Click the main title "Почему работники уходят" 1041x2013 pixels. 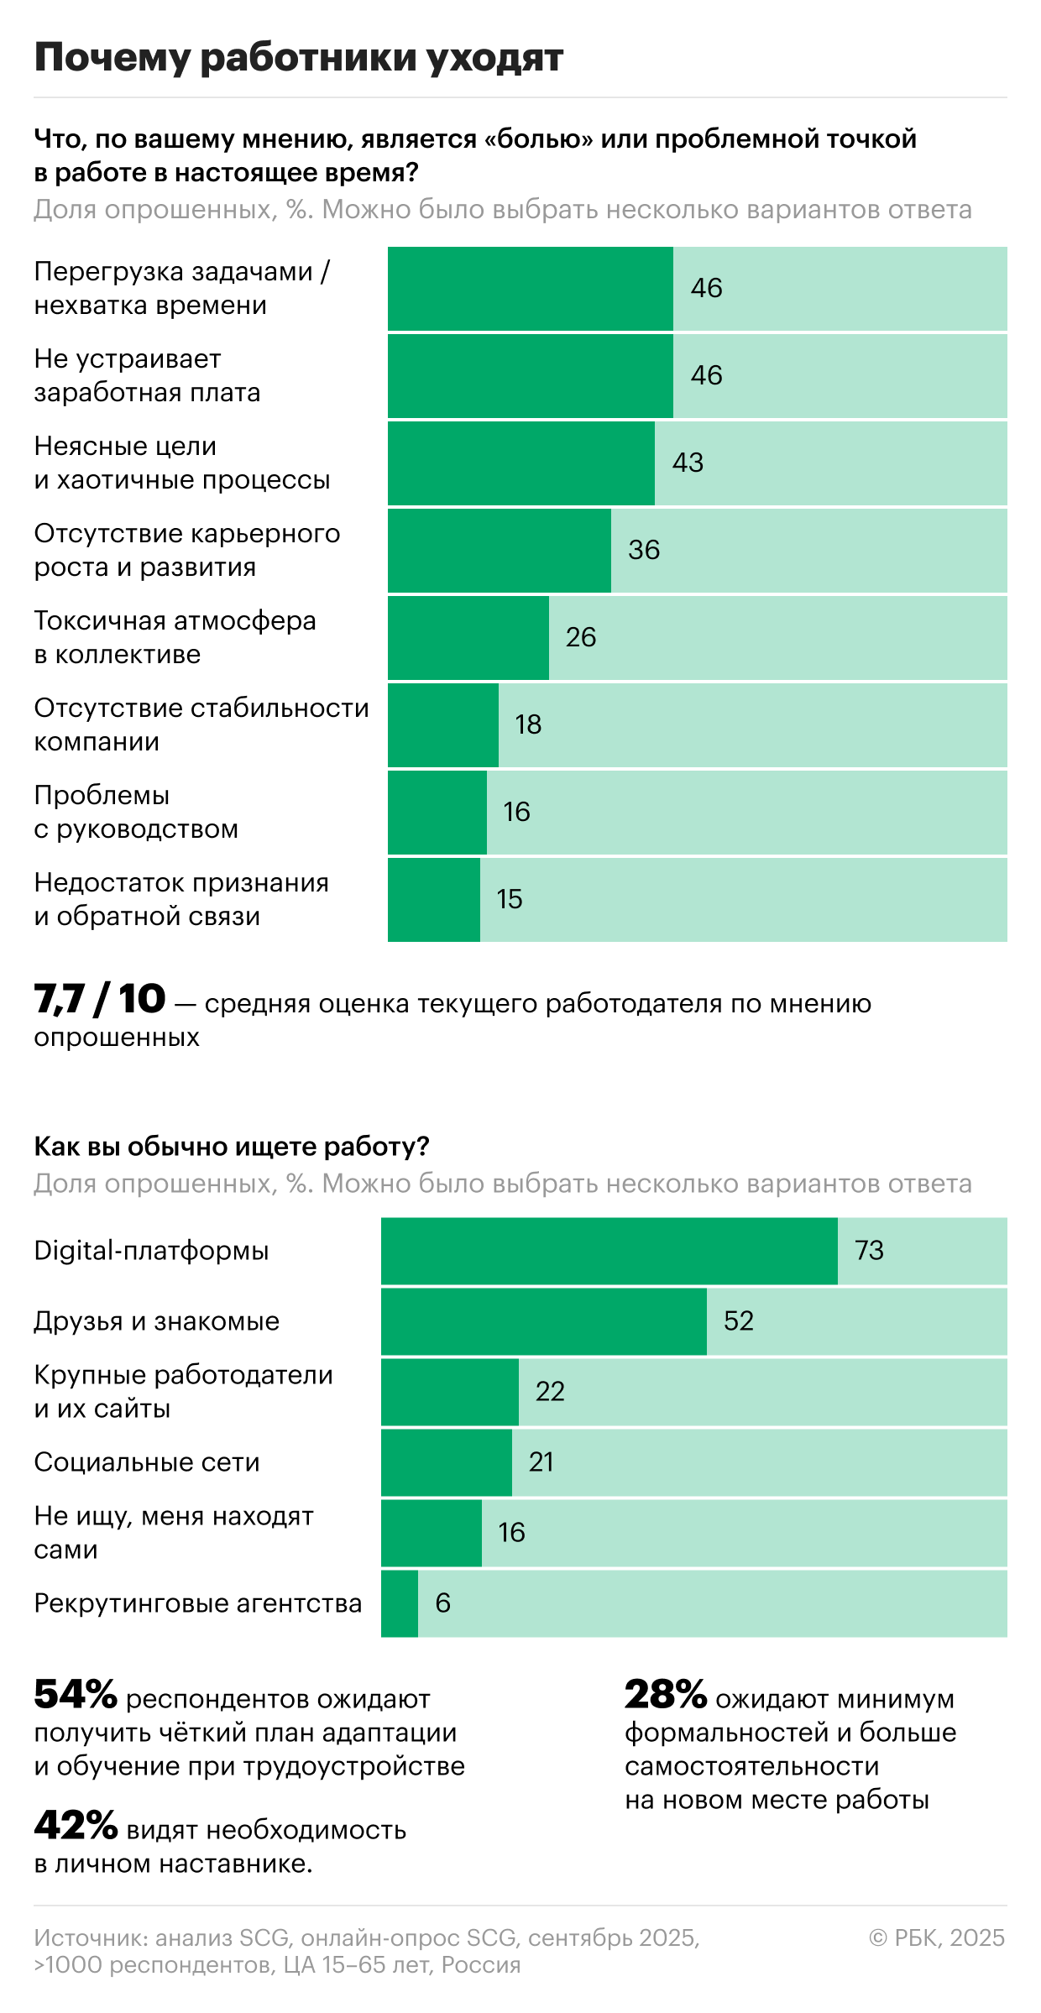[x=298, y=57]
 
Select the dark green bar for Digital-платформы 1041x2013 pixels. [x=609, y=1251]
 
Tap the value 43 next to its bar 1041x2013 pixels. [x=688, y=463]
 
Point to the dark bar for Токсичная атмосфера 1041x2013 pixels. [x=468, y=637]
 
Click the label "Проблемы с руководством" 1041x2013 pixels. [x=136, y=812]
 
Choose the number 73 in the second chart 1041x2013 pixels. [x=869, y=1250]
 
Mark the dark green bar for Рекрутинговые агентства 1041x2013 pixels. [x=400, y=1603]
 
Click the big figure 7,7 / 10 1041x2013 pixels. [x=100, y=1000]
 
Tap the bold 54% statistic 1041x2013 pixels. [x=76, y=1695]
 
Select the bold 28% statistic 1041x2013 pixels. [x=666, y=1695]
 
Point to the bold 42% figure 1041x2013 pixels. [x=76, y=1826]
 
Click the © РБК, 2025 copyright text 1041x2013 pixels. [x=937, y=1937]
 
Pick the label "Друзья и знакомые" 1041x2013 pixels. [x=156, y=1321]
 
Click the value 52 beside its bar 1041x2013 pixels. [x=739, y=1320]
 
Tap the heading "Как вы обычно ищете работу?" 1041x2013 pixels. [x=232, y=1146]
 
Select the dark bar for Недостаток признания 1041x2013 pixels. [x=433, y=899]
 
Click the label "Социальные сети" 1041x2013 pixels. [x=147, y=1462]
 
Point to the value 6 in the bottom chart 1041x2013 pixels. [x=442, y=1603]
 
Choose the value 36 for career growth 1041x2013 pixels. [x=644, y=550]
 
